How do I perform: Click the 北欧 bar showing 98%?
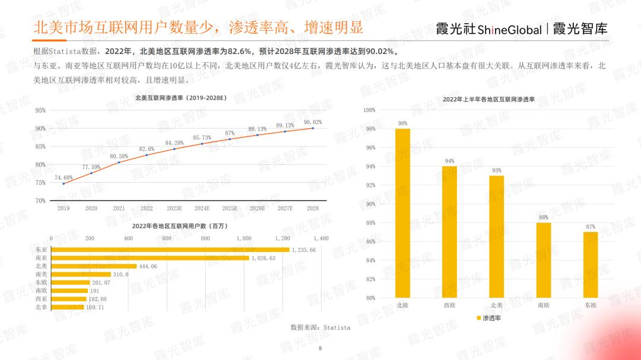tap(402, 214)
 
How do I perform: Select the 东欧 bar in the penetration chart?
tap(590, 265)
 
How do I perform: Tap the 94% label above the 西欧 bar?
tap(449, 161)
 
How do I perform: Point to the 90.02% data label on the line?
tap(312, 122)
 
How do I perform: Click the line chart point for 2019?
tap(64, 183)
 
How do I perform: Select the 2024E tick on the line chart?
tap(202, 209)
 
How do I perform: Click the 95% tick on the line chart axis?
tap(40, 110)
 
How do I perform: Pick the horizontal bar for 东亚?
tap(170, 250)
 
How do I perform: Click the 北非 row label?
tap(41, 307)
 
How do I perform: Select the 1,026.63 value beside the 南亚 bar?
tap(264, 258)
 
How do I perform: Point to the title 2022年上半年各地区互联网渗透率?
tap(488, 100)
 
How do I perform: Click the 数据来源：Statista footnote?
tap(320, 327)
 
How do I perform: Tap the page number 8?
tap(320, 348)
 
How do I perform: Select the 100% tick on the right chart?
tap(369, 110)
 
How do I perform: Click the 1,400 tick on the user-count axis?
tap(320, 238)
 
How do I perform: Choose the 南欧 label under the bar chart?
tap(543, 305)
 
